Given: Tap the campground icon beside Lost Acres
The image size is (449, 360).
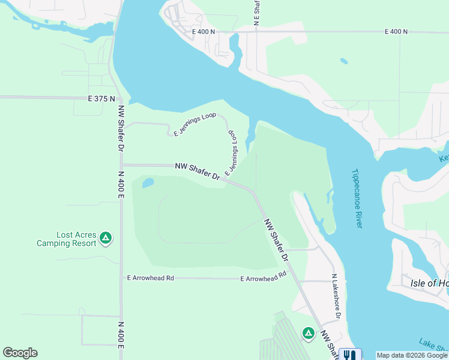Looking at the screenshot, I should tap(106, 238).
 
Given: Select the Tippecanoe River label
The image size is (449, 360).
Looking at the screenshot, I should tap(357, 197).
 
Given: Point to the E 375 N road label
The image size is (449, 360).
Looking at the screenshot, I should tap(100, 98).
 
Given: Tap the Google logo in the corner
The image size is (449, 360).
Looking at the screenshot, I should tap(20, 353).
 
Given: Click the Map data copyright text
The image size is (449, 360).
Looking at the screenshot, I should tap(412, 355).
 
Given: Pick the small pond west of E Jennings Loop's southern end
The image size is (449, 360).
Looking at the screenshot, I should tap(148, 183).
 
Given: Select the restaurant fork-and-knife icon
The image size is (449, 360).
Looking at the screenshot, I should tap(348, 355).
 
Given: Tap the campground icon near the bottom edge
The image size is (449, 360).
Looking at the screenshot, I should tap(308, 332).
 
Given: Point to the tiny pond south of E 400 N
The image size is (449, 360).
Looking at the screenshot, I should tap(343, 61).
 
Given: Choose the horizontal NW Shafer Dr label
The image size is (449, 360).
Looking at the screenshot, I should tap(197, 170).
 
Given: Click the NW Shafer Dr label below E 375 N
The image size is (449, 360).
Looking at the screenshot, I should tap(121, 128).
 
